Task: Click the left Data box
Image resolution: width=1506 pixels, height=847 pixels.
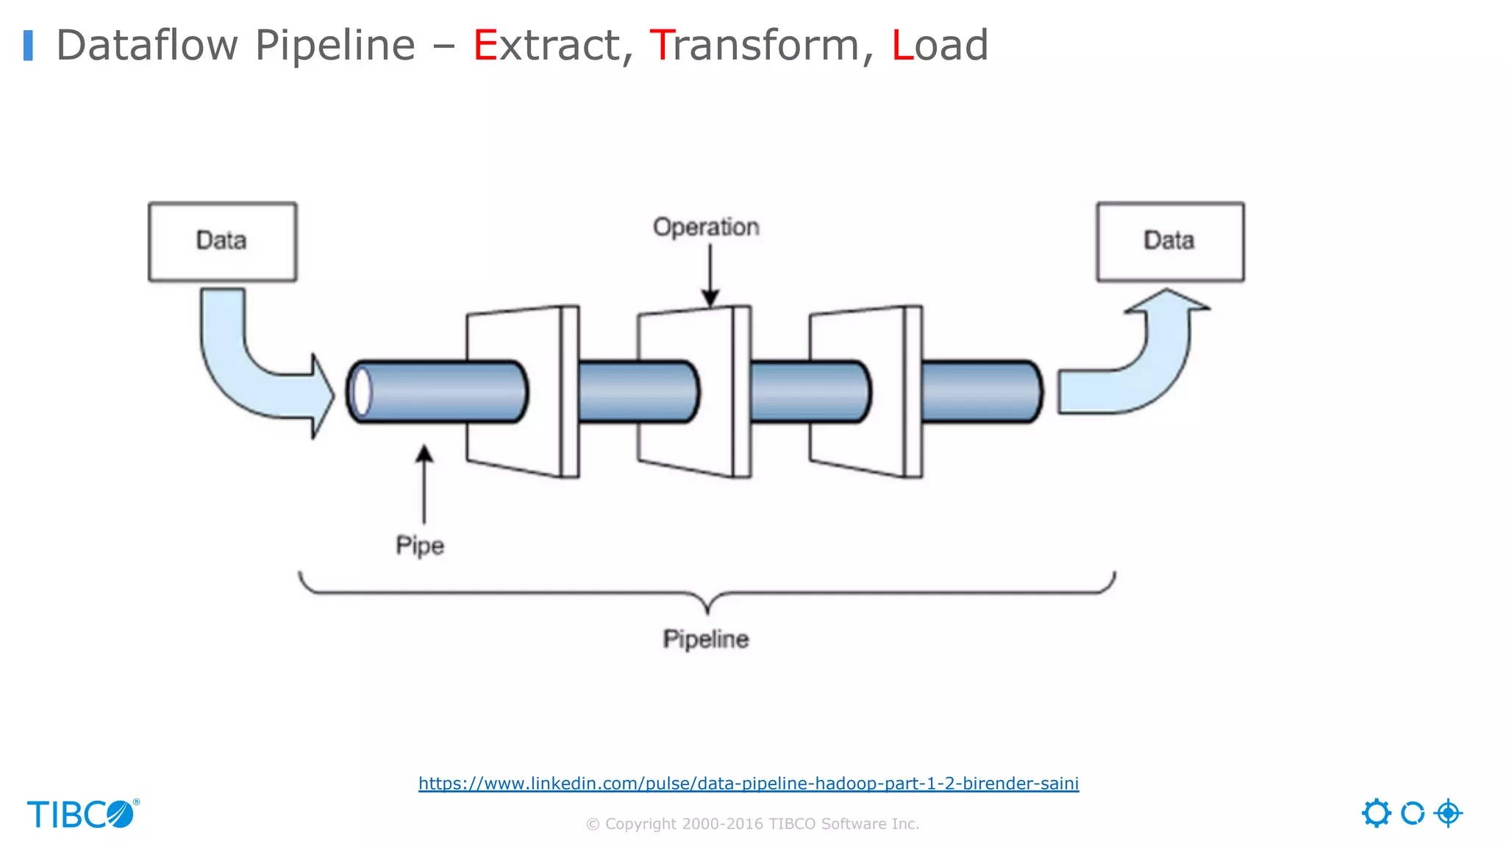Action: click(x=222, y=241)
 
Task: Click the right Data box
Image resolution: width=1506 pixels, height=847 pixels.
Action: click(x=1170, y=241)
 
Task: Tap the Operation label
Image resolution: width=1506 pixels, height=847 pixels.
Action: click(x=706, y=227)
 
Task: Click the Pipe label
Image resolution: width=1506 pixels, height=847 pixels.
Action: click(x=420, y=546)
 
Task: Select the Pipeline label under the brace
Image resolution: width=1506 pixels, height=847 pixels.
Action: click(x=706, y=639)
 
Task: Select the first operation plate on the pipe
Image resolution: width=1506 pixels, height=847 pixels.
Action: click(x=515, y=392)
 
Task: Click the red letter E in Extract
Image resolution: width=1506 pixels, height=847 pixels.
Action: click(x=485, y=46)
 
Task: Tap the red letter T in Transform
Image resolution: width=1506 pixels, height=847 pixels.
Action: click(x=662, y=46)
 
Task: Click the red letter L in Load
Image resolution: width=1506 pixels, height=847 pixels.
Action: click(x=902, y=46)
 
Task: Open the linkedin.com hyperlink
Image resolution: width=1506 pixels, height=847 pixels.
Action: click(x=749, y=783)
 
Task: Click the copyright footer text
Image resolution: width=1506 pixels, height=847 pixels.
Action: click(x=752, y=823)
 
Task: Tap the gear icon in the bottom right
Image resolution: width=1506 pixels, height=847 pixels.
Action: click(x=1376, y=813)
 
